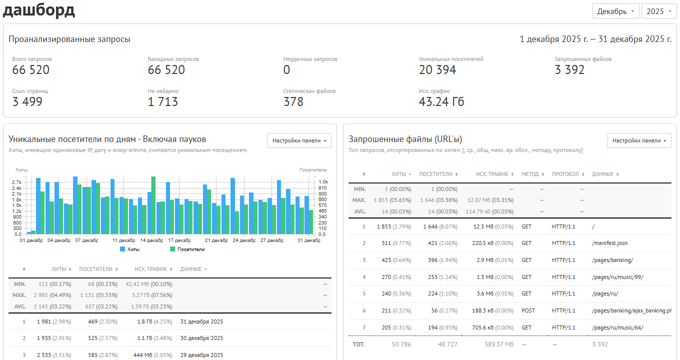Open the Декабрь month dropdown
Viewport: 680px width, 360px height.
[x=615, y=11]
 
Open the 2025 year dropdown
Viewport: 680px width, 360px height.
[x=659, y=11]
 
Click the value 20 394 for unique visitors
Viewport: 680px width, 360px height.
[x=437, y=70]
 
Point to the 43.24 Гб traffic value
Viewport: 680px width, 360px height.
[x=441, y=101]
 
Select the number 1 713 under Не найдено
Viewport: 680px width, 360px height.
[x=162, y=101]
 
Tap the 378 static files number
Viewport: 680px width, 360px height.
[x=293, y=101]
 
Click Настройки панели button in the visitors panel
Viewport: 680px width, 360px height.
[x=299, y=140]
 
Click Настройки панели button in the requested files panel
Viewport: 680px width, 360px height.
[x=639, y=140]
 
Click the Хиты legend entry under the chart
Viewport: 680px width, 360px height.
[x=130, y=249]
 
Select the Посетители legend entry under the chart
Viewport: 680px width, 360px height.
[x=187, y=249]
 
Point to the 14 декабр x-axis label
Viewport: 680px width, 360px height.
[x=151, y=240]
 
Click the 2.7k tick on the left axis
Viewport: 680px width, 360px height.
[x=16, y=182]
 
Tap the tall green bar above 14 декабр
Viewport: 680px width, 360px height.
[x=153, y=205]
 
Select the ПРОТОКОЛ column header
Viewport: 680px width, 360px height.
[x=568, y=174]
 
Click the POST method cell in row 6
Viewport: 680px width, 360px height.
[x=528, y=310]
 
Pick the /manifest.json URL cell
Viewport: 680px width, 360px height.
[x=609, y=243]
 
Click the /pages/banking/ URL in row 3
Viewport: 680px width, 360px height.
[x=612, y=260]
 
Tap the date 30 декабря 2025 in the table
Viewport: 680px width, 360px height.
[x=201, y=338]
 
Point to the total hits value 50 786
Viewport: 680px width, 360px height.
[x=401, y=344]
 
